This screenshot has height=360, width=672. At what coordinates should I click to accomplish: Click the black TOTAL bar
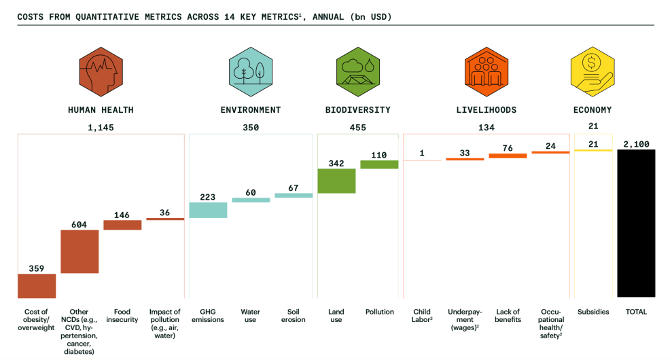(x=636, y=223)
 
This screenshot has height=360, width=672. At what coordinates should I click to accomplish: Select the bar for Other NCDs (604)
(x=79, y=251)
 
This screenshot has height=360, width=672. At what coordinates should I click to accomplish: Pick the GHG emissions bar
(x=208, y=210)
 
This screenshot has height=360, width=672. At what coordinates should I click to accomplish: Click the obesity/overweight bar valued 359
(x=37, y=285)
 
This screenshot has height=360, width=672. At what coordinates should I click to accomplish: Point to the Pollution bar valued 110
(x=379, y=164)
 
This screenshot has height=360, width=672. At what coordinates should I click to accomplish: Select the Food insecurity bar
(x=122, y=225)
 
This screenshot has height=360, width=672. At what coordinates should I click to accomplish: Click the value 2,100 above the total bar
(x=636, y=144)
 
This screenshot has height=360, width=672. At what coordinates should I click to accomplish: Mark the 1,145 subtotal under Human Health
(x=101, y=127)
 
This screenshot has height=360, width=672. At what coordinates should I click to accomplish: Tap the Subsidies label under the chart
(x=593, y=312)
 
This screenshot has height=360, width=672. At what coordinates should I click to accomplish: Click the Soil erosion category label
(x=294, y=316)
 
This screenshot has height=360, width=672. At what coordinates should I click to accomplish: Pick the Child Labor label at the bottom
(x=422, y=316)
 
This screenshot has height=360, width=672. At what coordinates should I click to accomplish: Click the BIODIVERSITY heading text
(x=357, y=109)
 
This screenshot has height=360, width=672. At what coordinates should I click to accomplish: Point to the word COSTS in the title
(x=32, y=16)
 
